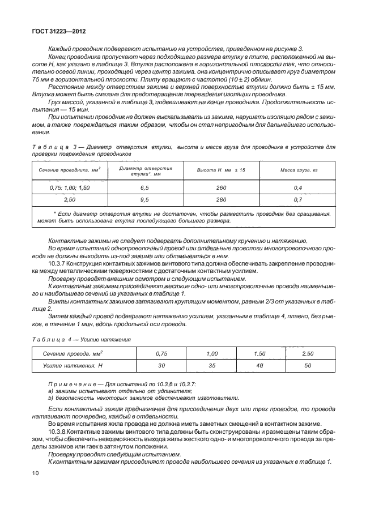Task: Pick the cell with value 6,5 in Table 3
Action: (x=144, y=187)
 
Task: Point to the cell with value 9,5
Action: (x=144, y=200)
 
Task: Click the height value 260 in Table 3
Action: (x=221, y=187)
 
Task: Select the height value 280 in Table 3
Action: (x=221, y=200)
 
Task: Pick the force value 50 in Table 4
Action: (x=308, y=366)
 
